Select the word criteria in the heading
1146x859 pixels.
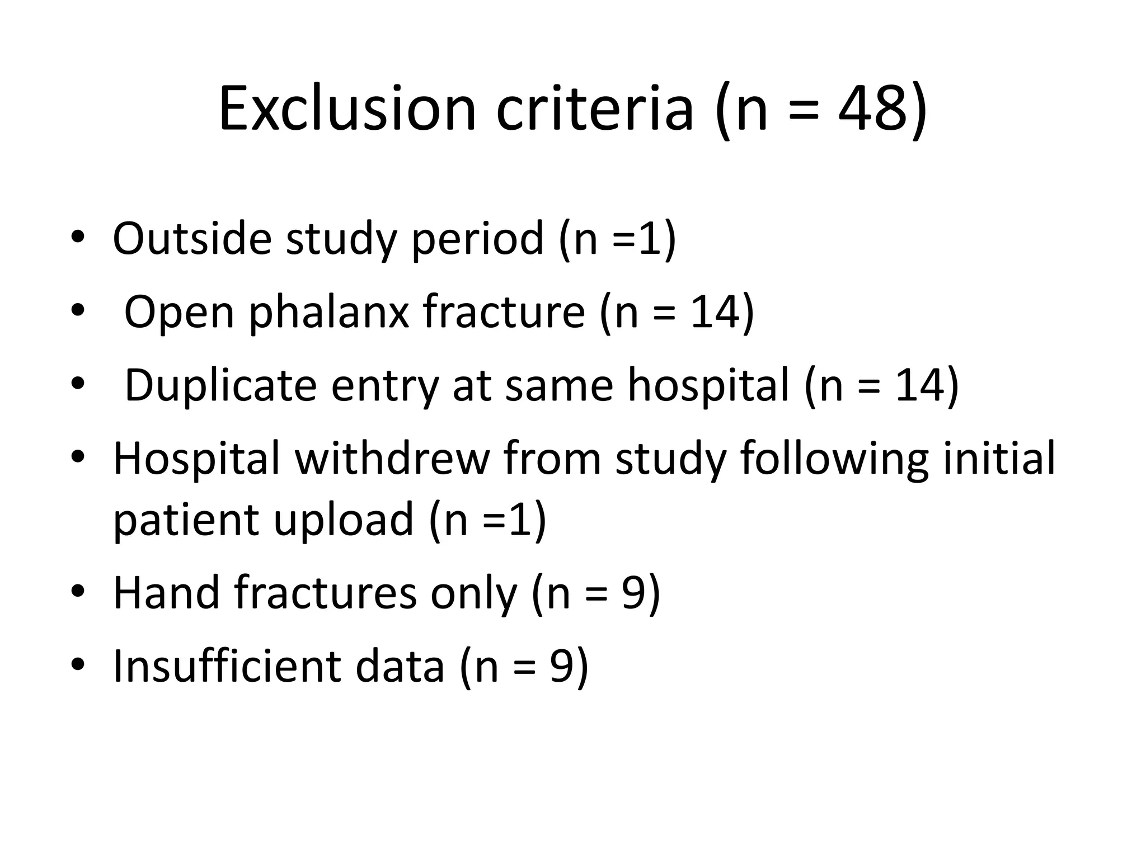(x=594, y=109)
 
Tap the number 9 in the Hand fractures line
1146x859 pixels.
(x=634, y=593)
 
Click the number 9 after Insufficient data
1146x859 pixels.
(x=562, y=667)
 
